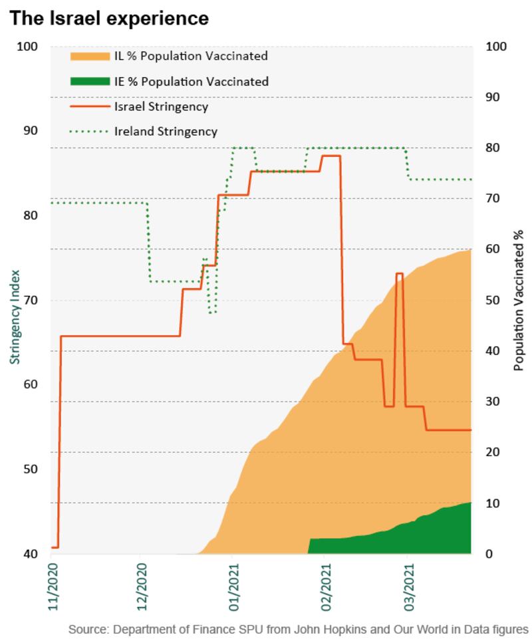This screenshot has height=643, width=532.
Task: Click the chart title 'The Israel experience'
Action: (x=109, y=18)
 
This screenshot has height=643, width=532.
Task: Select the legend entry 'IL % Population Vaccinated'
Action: (x=190, y=56)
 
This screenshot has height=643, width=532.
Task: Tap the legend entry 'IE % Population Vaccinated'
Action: (x=191, y=82)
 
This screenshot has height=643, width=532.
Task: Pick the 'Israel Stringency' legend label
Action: (x=162, y=106)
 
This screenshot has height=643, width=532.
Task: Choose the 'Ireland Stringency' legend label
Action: (x=166, y=132)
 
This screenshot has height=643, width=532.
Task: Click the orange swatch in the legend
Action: (x=90, y=56)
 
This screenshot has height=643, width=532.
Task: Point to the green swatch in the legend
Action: (x=90, y=82)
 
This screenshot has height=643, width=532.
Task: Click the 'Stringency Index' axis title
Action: (x=14, y=316)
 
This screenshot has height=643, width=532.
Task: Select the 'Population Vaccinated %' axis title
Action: (x=518, y=301)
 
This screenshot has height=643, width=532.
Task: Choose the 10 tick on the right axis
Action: (x=495, y=503)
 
